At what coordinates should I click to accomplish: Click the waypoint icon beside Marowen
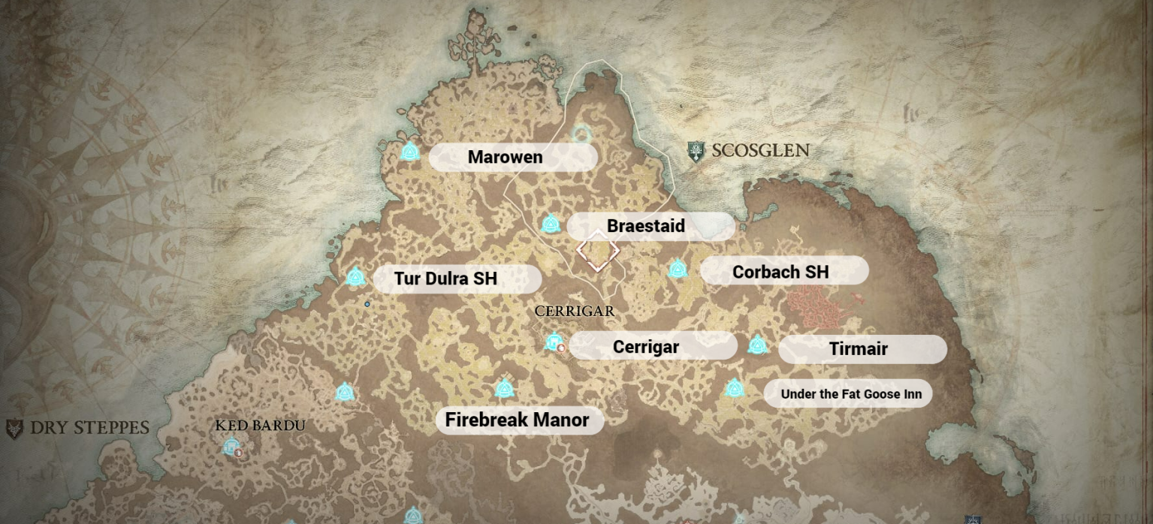410,152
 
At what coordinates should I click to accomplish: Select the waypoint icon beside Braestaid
551,223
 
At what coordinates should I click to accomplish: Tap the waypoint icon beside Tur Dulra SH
356,276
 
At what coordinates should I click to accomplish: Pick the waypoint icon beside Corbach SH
678,268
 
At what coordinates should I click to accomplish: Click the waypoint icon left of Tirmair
757,345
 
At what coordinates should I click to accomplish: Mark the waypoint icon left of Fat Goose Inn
735,388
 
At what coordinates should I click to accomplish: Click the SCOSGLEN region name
760,150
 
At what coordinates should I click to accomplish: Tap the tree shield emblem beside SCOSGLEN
697,152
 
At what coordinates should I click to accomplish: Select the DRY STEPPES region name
89,428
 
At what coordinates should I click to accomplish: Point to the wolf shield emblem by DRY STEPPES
14,429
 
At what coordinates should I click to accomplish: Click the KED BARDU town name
260,426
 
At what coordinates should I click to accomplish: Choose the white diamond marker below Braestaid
598,251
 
